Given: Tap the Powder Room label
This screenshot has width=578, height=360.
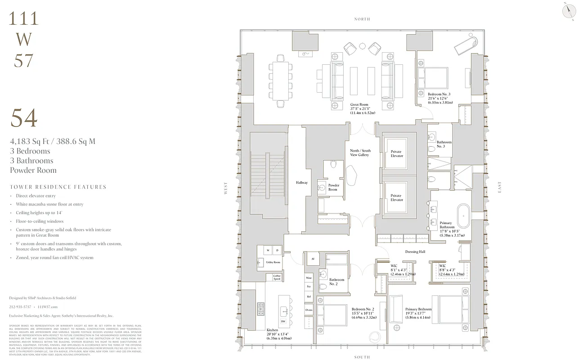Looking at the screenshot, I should pyautogui.click(x=333, y=188).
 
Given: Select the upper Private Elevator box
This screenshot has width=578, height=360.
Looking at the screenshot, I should pyautogui.click(x=396, y=153).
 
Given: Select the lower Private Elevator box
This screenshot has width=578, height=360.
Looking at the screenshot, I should pyautogui.click(x=396, y=198).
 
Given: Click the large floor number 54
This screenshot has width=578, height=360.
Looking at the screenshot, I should pyautogui.click(x=24, y=118).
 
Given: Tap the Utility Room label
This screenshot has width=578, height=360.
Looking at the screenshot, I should pyautogui.click(x=273, y=262).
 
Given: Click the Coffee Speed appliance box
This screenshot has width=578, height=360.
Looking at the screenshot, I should pyautogui.click(x=277, y=277).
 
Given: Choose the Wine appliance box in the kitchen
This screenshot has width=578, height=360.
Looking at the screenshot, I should pyautogui.click(x=309, y=278).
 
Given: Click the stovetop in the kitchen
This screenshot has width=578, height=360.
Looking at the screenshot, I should pyautogui.click(x=260, y=310).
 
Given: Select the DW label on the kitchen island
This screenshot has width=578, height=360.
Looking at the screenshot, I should pyautogui.click(x=283, y=321).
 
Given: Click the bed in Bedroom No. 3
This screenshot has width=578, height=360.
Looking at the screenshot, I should pyautogui.click(x=433, y=78).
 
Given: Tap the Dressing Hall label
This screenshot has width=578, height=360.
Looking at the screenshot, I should pyautogui.click(x=415, y=252).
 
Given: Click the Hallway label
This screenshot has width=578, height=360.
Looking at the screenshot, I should pyautogui.click(x=302, y=183).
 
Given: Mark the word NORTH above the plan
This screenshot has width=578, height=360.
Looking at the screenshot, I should pyautogui.click(x=362, y=19).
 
